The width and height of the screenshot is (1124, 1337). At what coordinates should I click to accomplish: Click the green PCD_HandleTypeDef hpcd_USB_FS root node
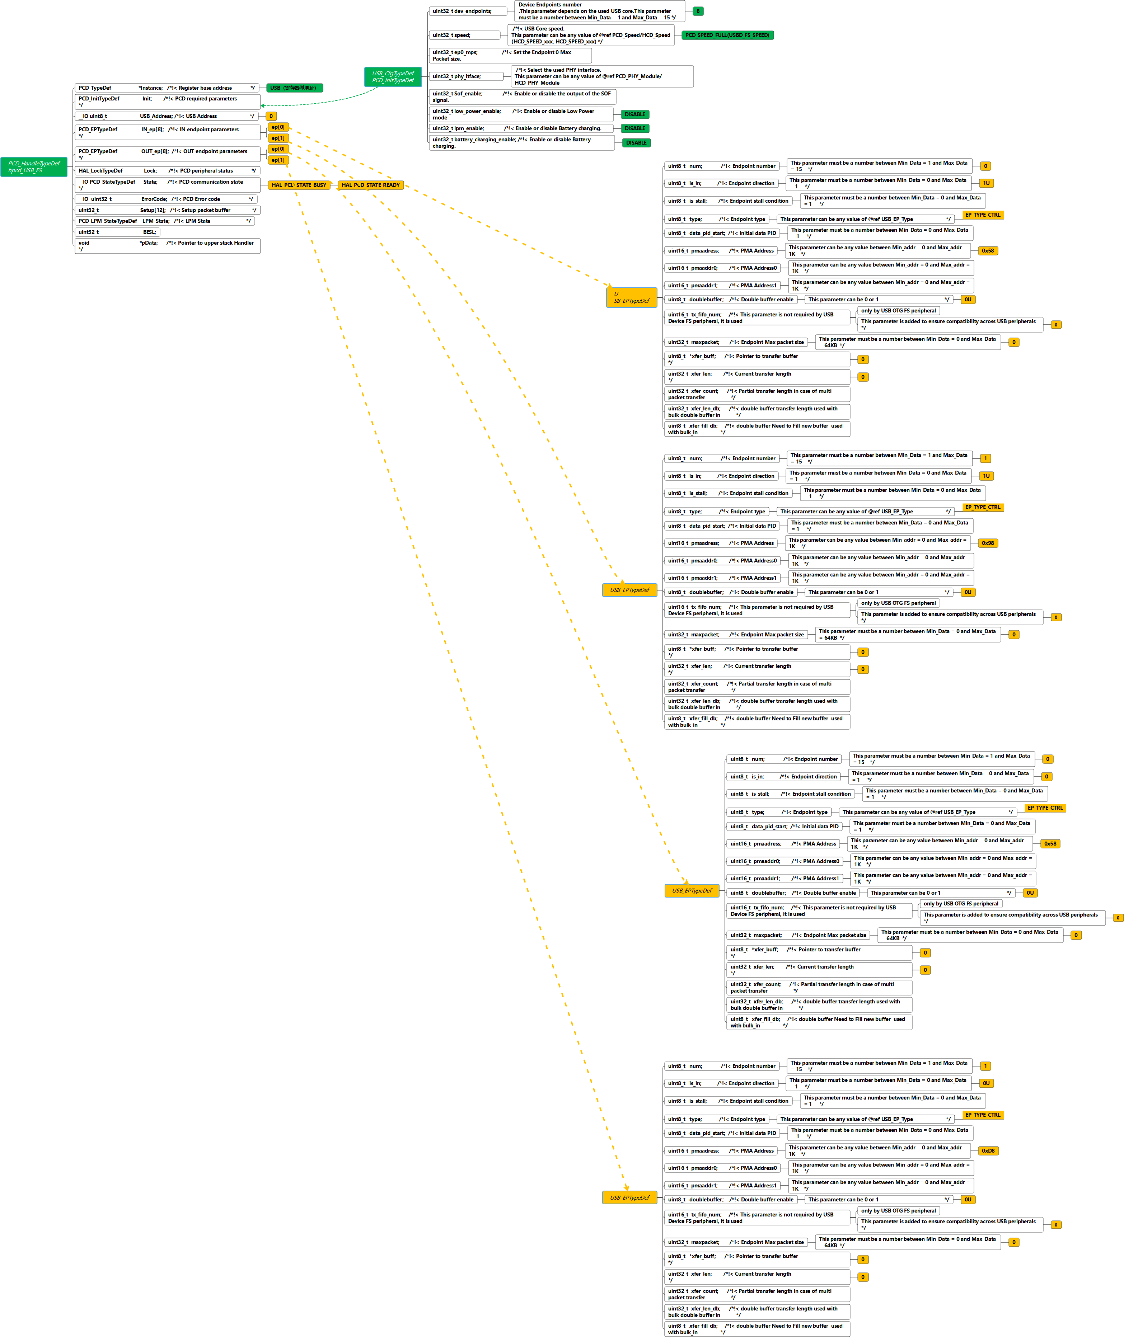point(34,167)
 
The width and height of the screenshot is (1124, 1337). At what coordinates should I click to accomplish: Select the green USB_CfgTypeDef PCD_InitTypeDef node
point(393,77)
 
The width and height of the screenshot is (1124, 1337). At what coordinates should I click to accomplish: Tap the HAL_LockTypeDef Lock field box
point(167,171)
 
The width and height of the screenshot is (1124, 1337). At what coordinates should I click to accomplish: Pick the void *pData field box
point(167,246)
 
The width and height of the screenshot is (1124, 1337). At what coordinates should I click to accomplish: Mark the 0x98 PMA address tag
point(988,543)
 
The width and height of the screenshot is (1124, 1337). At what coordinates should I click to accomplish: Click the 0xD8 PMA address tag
point(988,1151)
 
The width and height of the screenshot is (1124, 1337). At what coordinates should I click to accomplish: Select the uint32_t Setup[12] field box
point(167,210)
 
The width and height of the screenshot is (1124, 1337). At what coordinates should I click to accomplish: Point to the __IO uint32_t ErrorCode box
point(166,199)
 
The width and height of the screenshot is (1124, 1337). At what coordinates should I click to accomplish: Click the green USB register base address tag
point(294,88)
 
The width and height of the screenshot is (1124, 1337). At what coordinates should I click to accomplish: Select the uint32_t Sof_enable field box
point(523,97)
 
